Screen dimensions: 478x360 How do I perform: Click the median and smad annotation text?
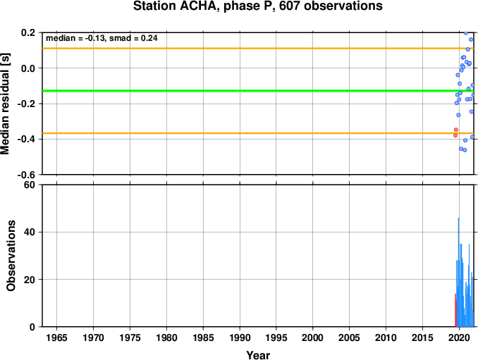coord(102,38)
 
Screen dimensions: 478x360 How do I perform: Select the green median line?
coord(258,91)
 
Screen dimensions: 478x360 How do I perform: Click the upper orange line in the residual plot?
coord(258,49)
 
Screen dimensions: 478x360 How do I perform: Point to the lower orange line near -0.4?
coord(258,133)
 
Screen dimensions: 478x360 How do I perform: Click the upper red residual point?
coord(456,130)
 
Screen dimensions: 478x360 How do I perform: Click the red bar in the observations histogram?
coord(455,310)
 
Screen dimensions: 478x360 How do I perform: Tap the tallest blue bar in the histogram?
coord(458,272)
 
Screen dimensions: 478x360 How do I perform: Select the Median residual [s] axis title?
coord(5,104)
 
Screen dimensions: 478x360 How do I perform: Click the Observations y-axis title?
coord(11,256)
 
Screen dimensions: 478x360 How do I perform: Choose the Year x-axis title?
coord(258,355)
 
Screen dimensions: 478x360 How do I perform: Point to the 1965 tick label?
coord(56,337)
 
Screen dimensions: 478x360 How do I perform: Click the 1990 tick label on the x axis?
coord(240,337)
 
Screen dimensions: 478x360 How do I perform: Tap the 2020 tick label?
coord(459,337)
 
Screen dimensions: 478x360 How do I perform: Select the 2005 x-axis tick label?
coord(350,337)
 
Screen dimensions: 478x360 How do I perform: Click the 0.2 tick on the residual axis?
coord(28,32)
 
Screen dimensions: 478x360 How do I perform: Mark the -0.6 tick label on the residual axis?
coord(27,175)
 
